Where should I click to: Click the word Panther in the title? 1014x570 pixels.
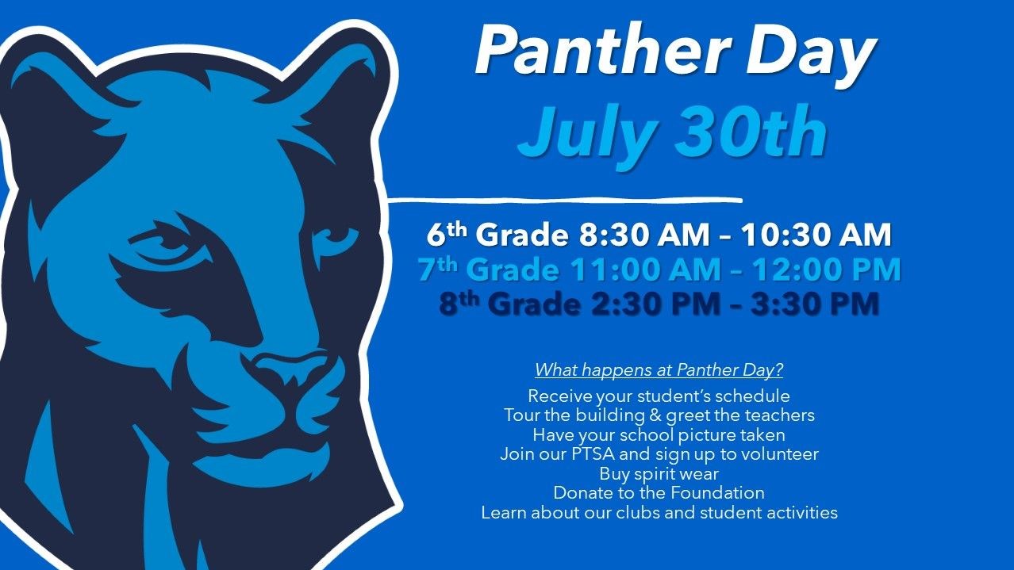pos(601,49)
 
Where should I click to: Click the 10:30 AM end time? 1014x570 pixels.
pos(816,235)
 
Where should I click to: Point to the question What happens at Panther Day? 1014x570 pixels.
pos(659,369)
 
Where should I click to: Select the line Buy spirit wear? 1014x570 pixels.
pos(659,473)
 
